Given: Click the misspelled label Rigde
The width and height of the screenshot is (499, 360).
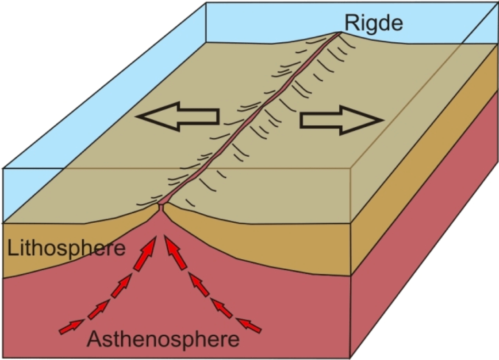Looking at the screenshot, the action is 374,23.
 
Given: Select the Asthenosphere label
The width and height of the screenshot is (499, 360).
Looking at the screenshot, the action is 163,339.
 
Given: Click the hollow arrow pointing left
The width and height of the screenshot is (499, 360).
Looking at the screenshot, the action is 178,116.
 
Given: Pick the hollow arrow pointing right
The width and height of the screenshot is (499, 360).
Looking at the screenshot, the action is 342,121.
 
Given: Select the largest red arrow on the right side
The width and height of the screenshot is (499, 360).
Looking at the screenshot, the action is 175,254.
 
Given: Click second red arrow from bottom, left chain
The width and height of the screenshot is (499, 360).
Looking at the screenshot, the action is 98,310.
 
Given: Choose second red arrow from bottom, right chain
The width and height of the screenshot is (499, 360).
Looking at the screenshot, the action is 222,308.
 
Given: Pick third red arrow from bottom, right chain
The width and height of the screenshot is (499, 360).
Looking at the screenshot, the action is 199,285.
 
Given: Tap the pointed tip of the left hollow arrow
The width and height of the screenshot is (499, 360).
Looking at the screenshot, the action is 136,116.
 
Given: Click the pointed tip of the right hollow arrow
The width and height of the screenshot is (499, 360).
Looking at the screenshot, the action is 384,121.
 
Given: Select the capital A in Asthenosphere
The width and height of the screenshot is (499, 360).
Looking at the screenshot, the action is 95,339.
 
